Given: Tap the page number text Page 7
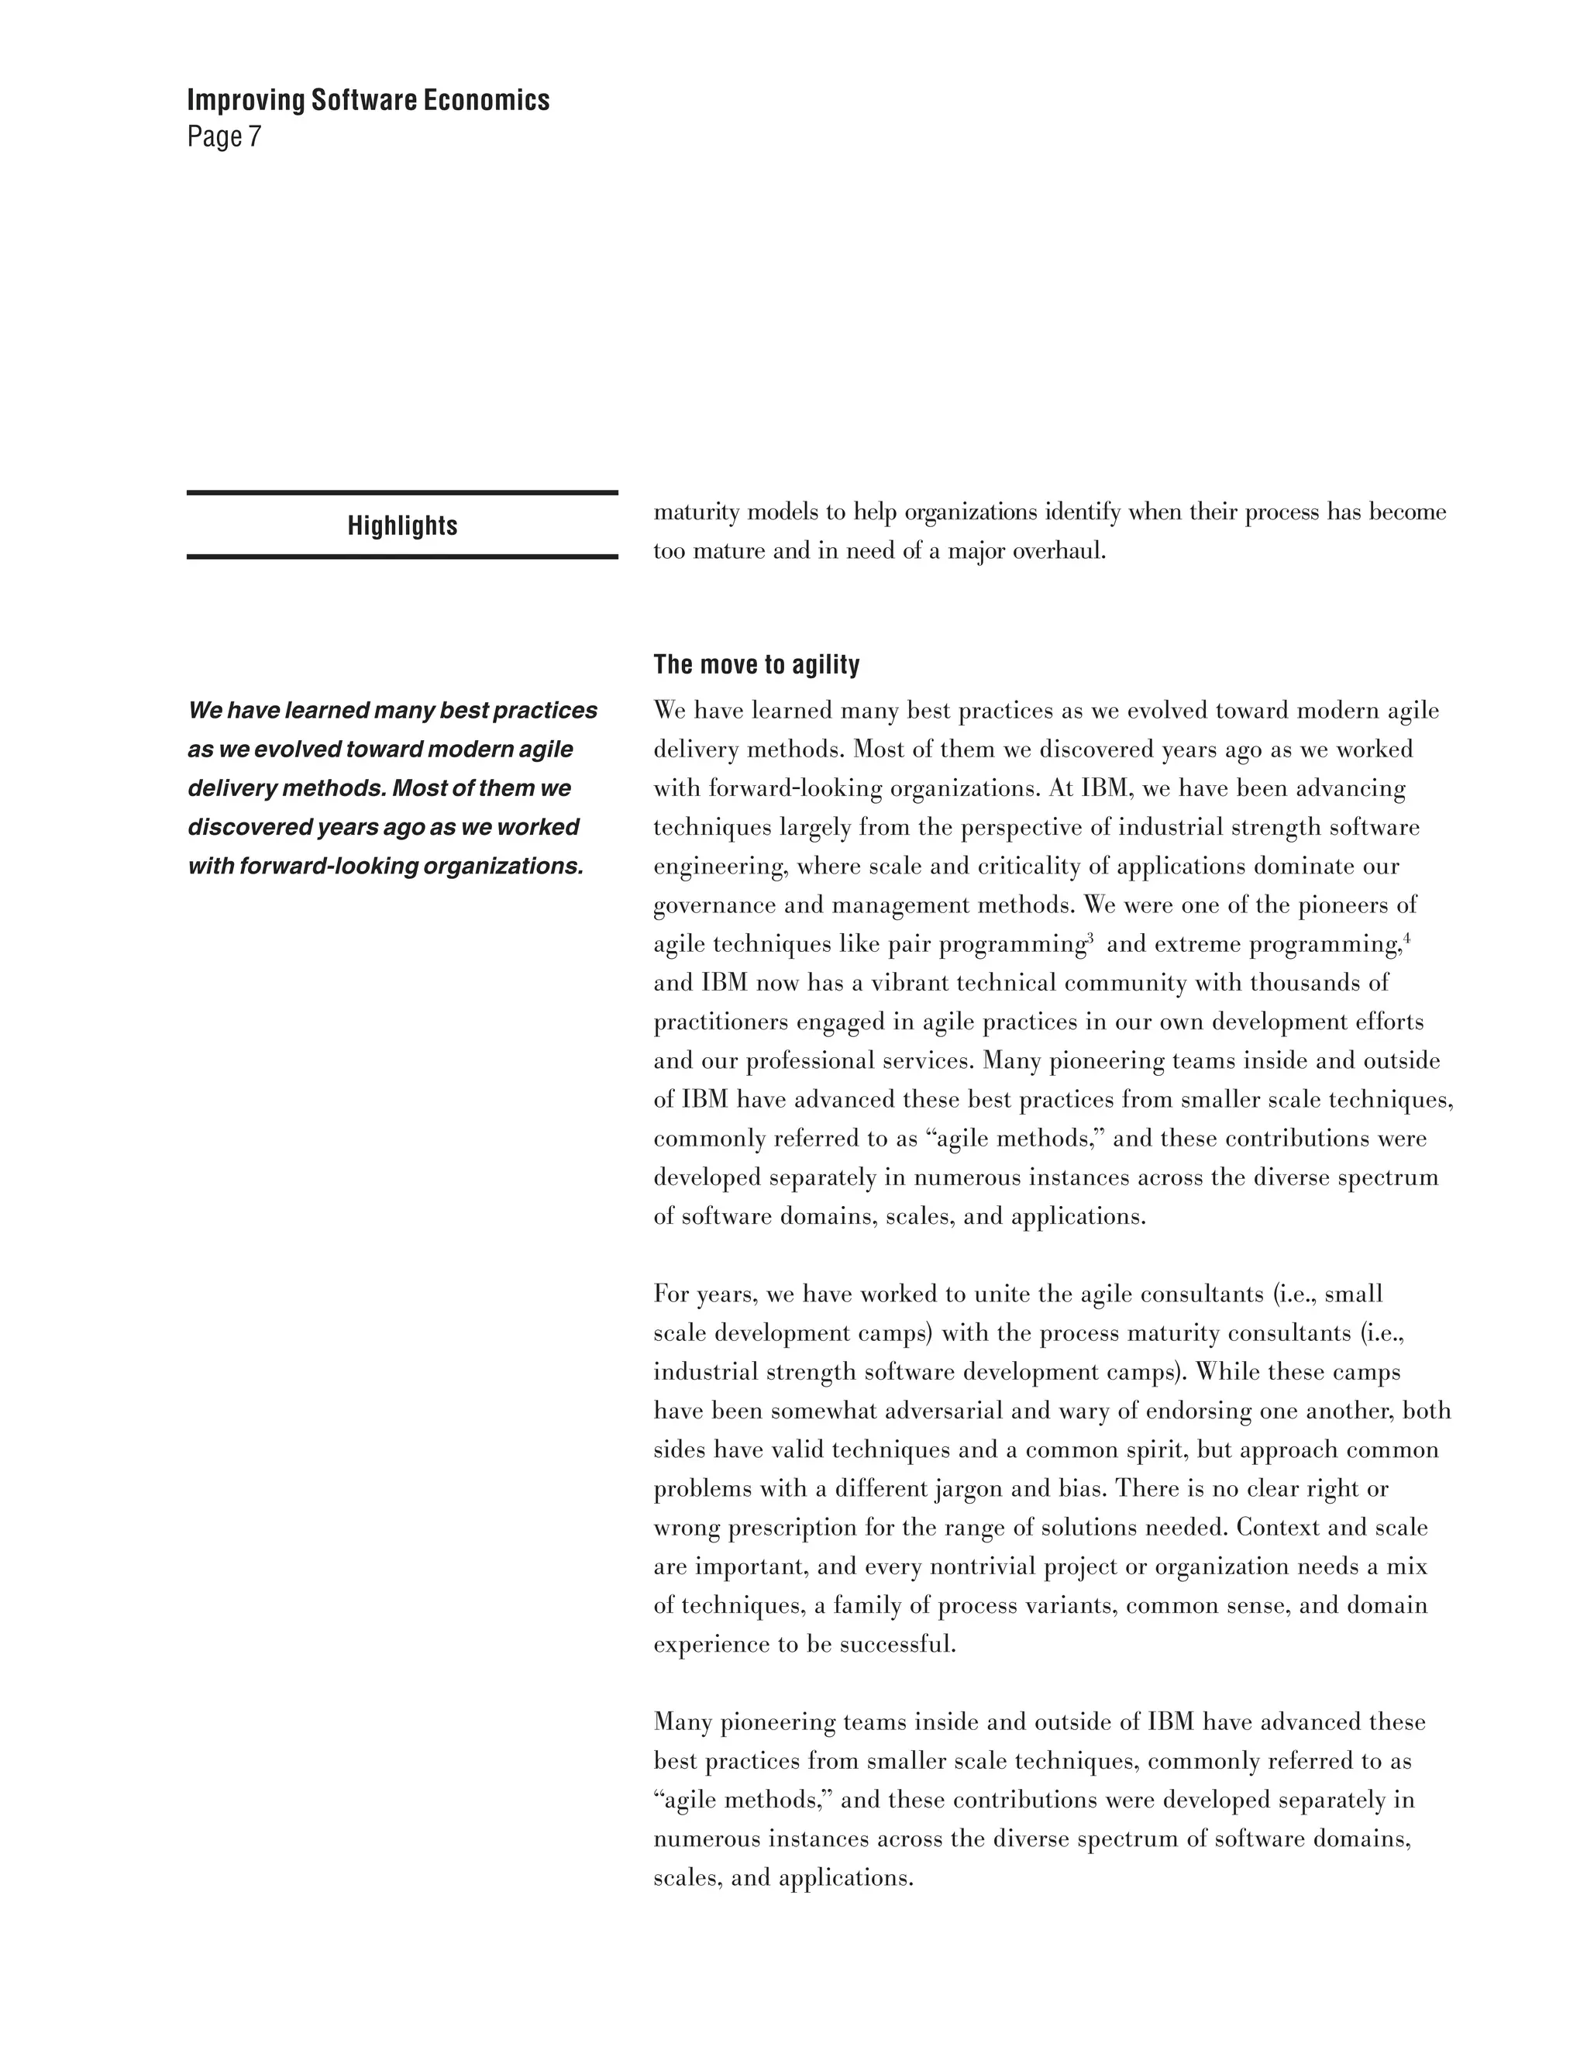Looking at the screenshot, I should coord(224,137).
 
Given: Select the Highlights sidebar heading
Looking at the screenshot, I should coord(402,526).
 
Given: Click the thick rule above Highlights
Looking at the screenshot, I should coord(402,493).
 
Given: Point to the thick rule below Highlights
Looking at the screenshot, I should coord(402,557).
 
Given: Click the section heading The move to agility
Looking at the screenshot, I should coord(756,665).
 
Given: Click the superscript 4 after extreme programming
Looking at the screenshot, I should coord(1406,937).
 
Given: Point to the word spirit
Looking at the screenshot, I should coord(1154,1450).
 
